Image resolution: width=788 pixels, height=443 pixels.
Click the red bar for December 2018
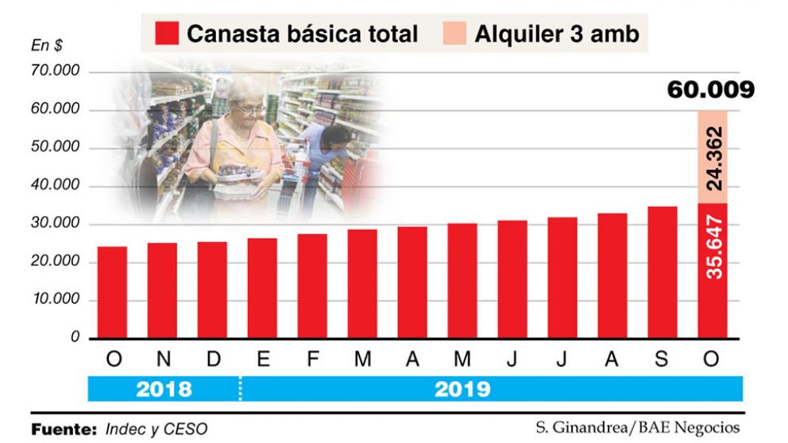pyautogui.click(x=212, y=290)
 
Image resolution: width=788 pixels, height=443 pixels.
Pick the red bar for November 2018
pyautogui.click(x=162, y=290)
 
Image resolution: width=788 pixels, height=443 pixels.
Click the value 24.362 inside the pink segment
pyautogui.click(x=713, y=158)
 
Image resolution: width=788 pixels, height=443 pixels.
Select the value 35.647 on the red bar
pyautogui.click(x=713, y=246)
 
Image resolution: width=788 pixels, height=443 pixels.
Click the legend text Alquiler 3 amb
pyautogui.click(x=556, y=34)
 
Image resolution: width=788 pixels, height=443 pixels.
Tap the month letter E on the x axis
pyautogui.click(x=262, y=360)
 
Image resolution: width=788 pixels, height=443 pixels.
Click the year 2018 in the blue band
pyautogui.click(x=164, y=389)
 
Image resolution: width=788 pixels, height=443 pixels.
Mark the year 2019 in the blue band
pyautogui.click(x=462, y=389)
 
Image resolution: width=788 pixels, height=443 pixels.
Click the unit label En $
pyautogui.click(x=47, y=46)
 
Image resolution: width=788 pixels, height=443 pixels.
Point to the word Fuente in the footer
pyautogui.click(x=64, y=429)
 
